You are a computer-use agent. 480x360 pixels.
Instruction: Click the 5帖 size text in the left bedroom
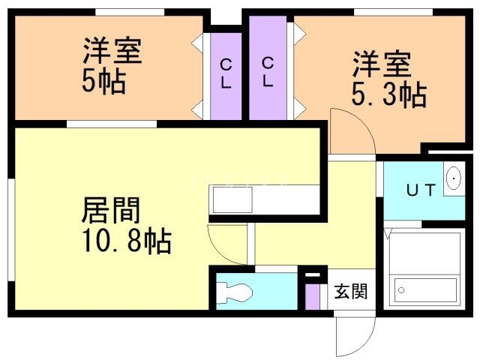pos(103,81)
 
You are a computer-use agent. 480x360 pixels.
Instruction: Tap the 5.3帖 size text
pos(388,95)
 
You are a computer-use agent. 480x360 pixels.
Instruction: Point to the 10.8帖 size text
pos(126,241)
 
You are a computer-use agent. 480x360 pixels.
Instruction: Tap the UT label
pos(420,190)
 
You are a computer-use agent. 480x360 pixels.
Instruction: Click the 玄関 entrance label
pos(350,291)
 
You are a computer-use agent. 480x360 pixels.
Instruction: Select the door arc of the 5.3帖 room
pos(351,131)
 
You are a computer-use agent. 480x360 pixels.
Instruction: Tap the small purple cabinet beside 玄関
pos(312,292)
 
